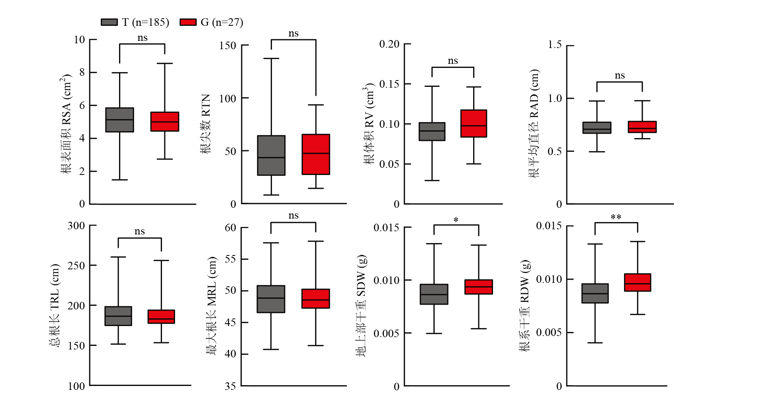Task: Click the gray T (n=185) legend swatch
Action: pyautogui.click(x=109, y=22)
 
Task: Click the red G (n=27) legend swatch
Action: pyautogui.click(x=188, y=22)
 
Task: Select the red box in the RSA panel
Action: pyautogui.click(x=165, y=122)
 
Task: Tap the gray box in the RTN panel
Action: pyautogui.click(x=271, y=155)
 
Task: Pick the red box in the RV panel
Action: pyautogui.click(x=474, y=123)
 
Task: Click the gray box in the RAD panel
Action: pyautogui.click(x=597, y=128)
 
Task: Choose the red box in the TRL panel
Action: pyautogui.click(x=161, y=317)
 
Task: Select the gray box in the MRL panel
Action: pyautogui.click(x=271, y=299)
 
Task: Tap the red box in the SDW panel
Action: pyautogui.click(x=478, y=287)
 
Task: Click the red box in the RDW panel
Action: pyautogui.click(x=637, y=282)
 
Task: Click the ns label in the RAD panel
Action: pyautogui.click(x=620, y=75)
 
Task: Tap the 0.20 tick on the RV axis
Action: pyautogui.click(x=389, y=44)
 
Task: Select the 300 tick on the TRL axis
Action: pyautogui.click(x=76, y=226)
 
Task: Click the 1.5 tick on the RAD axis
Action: pyautogui.click(x=555, y=44)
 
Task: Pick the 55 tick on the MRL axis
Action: pyautogui.click(x=230, y=259)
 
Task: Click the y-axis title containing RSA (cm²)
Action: pyautogui.click(x=66, y=124)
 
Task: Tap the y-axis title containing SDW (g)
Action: pyautogui.click(x=361, y=305)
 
